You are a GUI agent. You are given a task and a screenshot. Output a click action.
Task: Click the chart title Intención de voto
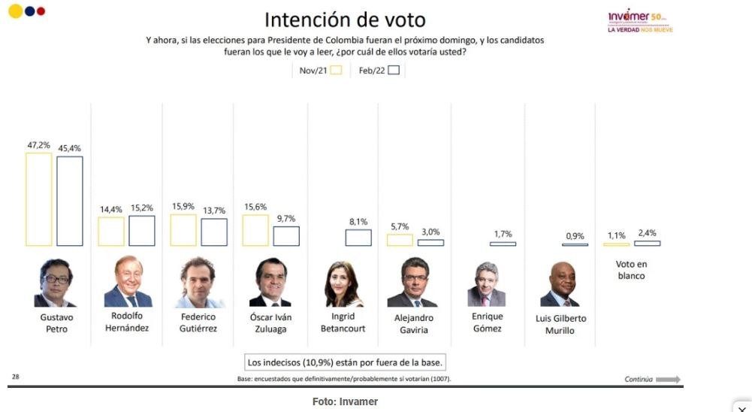coord(345,20)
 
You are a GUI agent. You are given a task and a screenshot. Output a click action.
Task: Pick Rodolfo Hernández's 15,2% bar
coord(141,231)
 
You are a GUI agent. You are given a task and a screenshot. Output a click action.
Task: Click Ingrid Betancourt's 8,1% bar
coord(358,238)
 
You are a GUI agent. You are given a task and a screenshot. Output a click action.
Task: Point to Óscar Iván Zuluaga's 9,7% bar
coord(285,236)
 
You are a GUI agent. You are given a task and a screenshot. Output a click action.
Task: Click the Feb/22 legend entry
coord(379,70)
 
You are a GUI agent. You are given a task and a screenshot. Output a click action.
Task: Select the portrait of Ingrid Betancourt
coord(343,285)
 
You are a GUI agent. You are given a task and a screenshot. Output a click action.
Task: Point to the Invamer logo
coord(640,20)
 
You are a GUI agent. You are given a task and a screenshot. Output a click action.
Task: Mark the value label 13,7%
coord(214,211)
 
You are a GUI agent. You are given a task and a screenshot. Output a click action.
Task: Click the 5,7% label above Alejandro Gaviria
coord(400,227)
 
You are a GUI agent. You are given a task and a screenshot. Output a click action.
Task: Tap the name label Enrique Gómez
coord(487,323)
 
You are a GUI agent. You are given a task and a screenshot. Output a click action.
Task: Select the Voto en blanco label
coord(631,270)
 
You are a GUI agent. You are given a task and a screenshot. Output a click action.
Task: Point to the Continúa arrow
coord(667,379)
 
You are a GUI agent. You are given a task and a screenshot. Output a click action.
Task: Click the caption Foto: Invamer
coord(345,402)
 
